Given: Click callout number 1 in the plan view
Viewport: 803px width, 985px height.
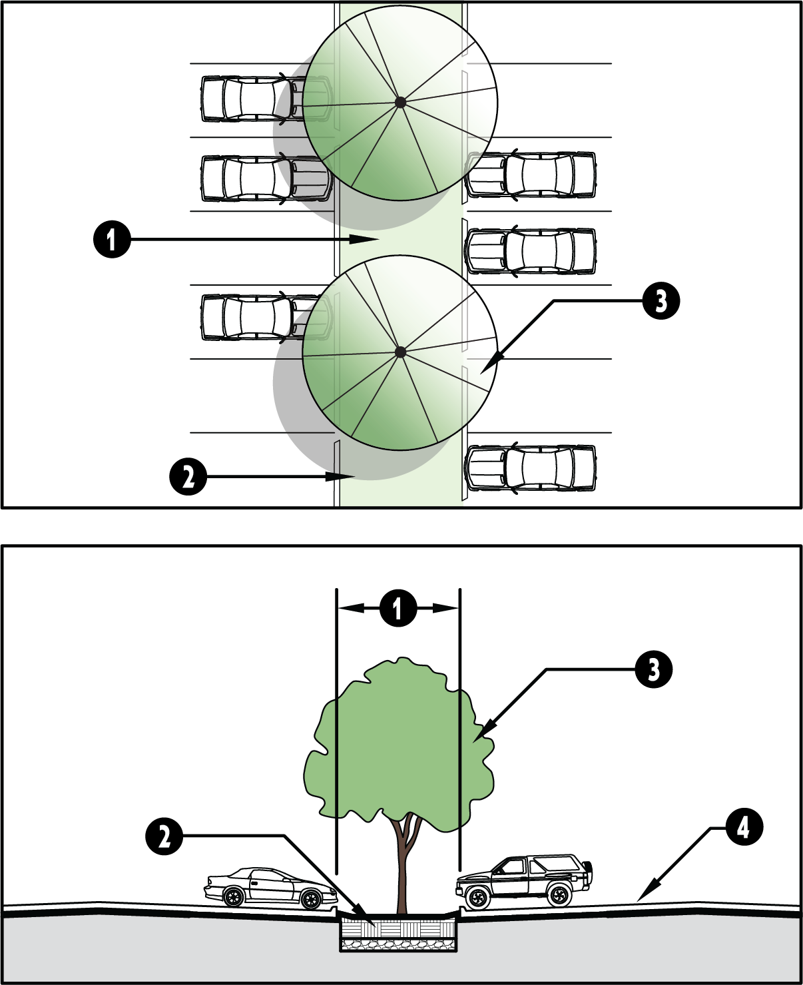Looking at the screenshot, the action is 112,240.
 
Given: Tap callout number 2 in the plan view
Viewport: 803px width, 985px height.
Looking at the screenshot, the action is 188,477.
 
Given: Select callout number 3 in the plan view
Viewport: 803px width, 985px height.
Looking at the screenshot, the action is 661,301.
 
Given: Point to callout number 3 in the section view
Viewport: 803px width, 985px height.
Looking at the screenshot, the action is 653,669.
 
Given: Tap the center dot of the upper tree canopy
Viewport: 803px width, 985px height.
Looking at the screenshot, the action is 400,103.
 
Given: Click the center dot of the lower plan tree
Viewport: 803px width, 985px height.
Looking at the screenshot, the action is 400,352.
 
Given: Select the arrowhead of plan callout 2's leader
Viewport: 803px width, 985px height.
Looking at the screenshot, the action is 340,476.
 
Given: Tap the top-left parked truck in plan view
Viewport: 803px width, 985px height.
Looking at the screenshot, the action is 266,99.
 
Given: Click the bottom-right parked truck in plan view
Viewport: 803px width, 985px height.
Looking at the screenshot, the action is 531,468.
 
